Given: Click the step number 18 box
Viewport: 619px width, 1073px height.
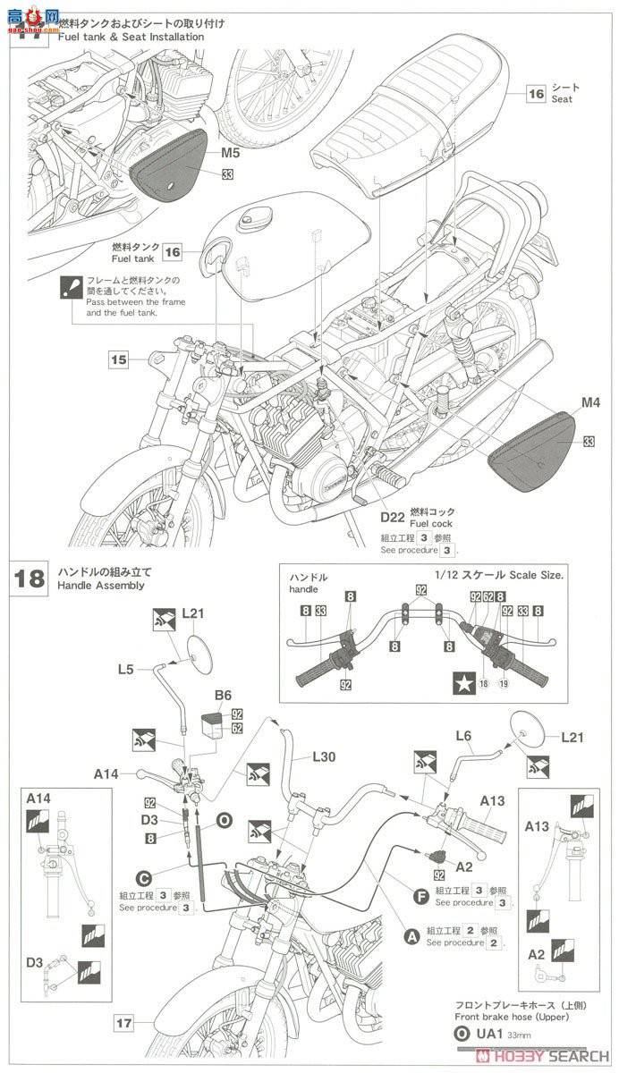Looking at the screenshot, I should coord(30,578).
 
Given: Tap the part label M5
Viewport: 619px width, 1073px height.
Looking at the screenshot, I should coord(231,154).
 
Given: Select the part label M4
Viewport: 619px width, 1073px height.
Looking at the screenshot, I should coord(590,403).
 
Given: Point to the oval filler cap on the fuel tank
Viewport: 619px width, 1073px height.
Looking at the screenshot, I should coord(256,217).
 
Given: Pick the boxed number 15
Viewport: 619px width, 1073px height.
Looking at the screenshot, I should coord(120,360).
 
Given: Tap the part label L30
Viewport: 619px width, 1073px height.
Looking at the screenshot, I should coord(325,756).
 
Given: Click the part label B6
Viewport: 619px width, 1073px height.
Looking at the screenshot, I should coord(223,694).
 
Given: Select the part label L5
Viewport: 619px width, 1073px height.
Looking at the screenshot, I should coord(126,668).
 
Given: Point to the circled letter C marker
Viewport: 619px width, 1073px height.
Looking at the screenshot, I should coord(141,879).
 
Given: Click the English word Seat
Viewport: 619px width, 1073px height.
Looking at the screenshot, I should coord(562,99).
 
